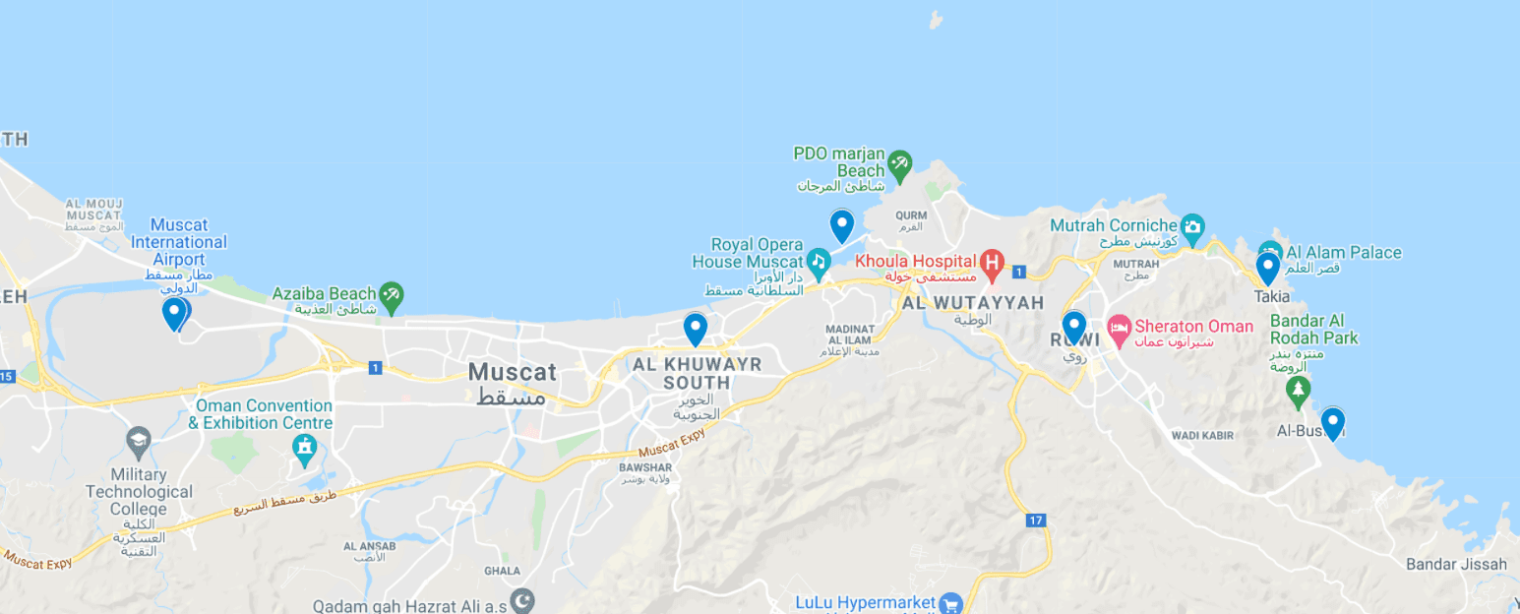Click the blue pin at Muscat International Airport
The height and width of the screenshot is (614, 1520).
pos(174,313)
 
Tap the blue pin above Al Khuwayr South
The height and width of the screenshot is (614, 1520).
pos(696,329)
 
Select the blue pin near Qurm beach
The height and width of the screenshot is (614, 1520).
pos(842,225)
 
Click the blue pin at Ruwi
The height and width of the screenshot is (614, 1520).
pos(1074,327)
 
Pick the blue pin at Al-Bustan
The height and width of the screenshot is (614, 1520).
pos(1333,423)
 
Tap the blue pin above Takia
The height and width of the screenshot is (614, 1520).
pos(1268,268)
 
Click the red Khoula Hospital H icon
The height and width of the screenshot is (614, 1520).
pos(992,262)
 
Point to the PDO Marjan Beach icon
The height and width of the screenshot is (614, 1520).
pos(899,162)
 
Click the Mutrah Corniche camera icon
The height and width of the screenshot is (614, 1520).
pos(1192,226)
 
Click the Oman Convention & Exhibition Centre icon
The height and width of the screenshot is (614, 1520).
pos(306,450)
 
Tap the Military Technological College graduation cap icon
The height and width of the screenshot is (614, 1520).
pos(139,440)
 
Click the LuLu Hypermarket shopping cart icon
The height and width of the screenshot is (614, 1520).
pos(949,602)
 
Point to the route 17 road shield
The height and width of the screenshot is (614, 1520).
pos(1035,520)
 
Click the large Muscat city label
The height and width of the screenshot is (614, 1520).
pos(512,373)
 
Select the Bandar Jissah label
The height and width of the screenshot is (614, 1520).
pos(1456,564)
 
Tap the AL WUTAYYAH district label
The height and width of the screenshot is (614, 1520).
pos(973,303)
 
